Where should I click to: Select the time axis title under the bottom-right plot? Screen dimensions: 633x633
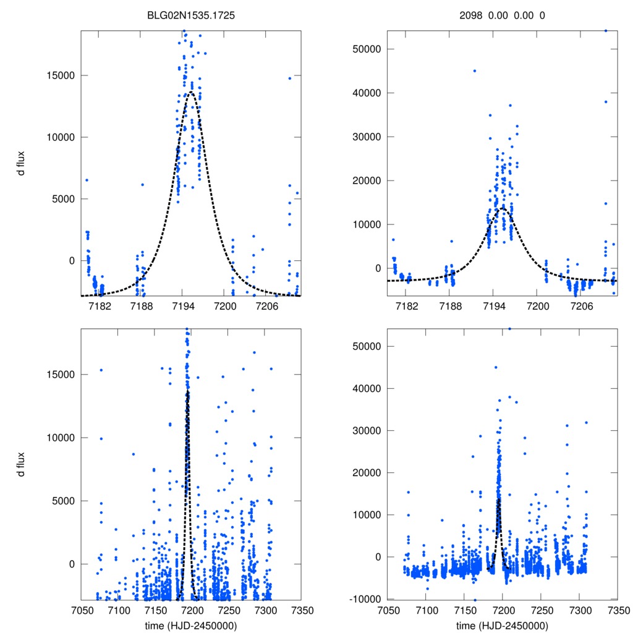(502, 626)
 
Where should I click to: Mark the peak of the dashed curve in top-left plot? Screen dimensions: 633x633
(192, 92)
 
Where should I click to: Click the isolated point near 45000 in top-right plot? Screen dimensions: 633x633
(475, 70)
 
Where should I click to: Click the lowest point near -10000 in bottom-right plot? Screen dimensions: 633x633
(475, 600)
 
